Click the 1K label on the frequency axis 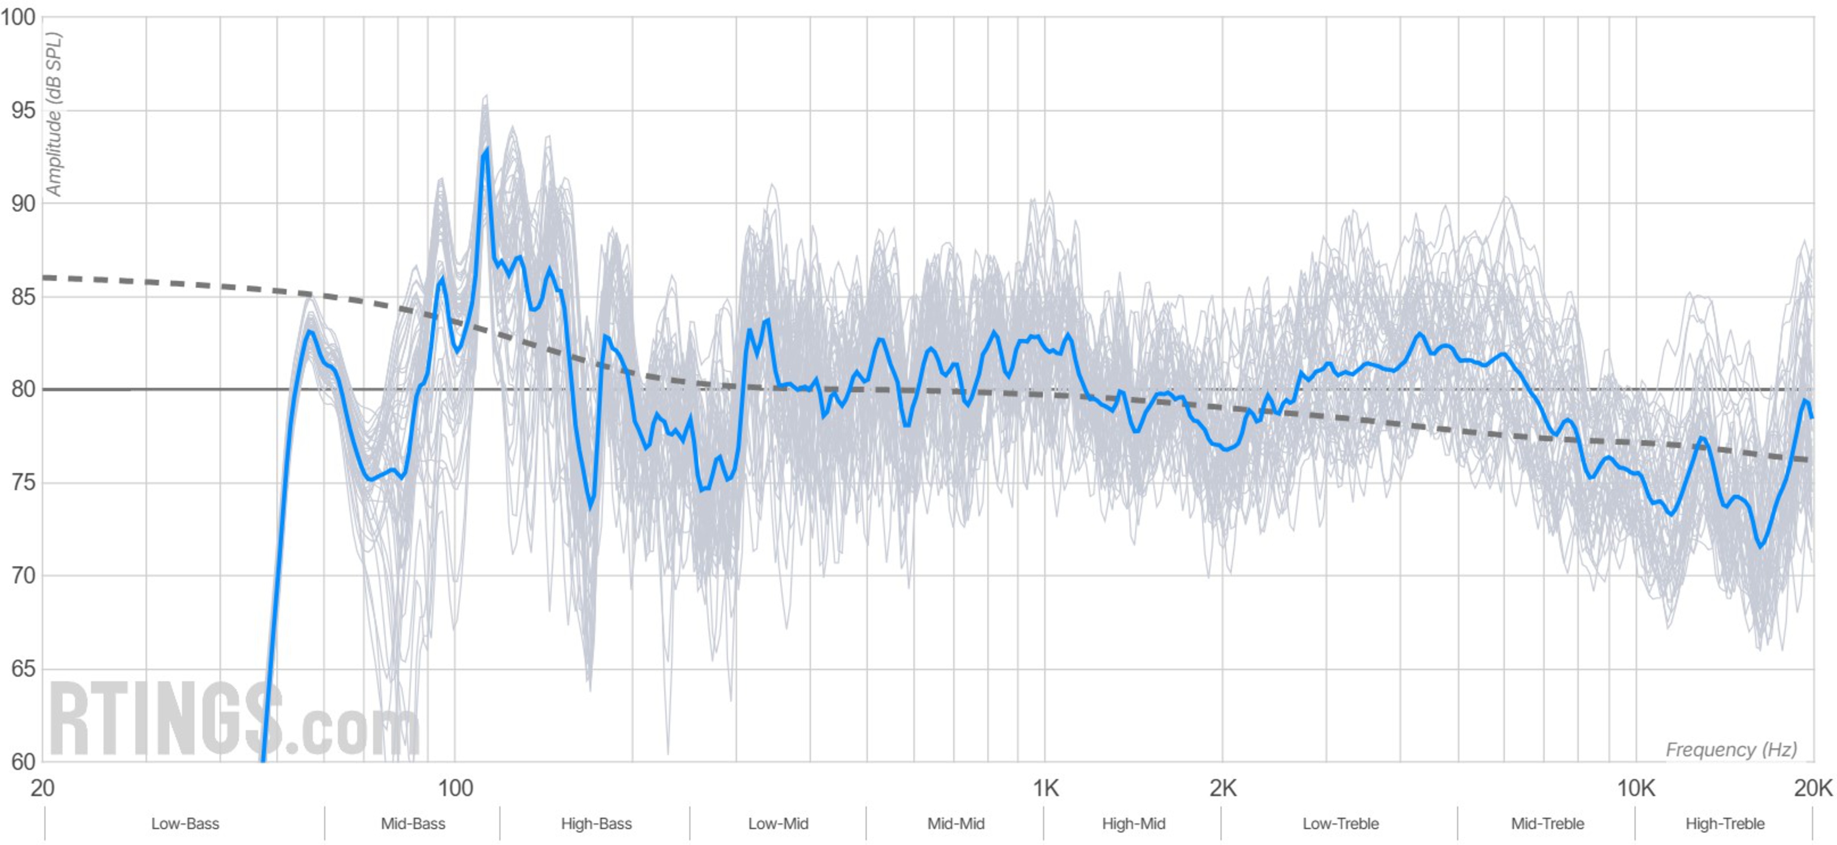click(x=1045, y=788)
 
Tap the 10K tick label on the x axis click(x=1635, y=788)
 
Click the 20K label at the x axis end click(x=1813, y=788)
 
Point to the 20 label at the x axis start click(x=43, y=788)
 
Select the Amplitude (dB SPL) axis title click(x=54, y=114)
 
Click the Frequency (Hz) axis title click(x=1731, y=749)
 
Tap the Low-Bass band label click(x=185, y=823)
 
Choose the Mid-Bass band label click(x=413, y=823)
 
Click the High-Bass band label click(x=596, y=823)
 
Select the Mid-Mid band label click(x=956, y=823)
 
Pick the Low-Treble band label click(x=1340, y=823)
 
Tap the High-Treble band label click(x=1724, y=823)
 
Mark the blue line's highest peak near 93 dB click(x=486, y=151)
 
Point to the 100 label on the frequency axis click(x=455, y=788)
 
